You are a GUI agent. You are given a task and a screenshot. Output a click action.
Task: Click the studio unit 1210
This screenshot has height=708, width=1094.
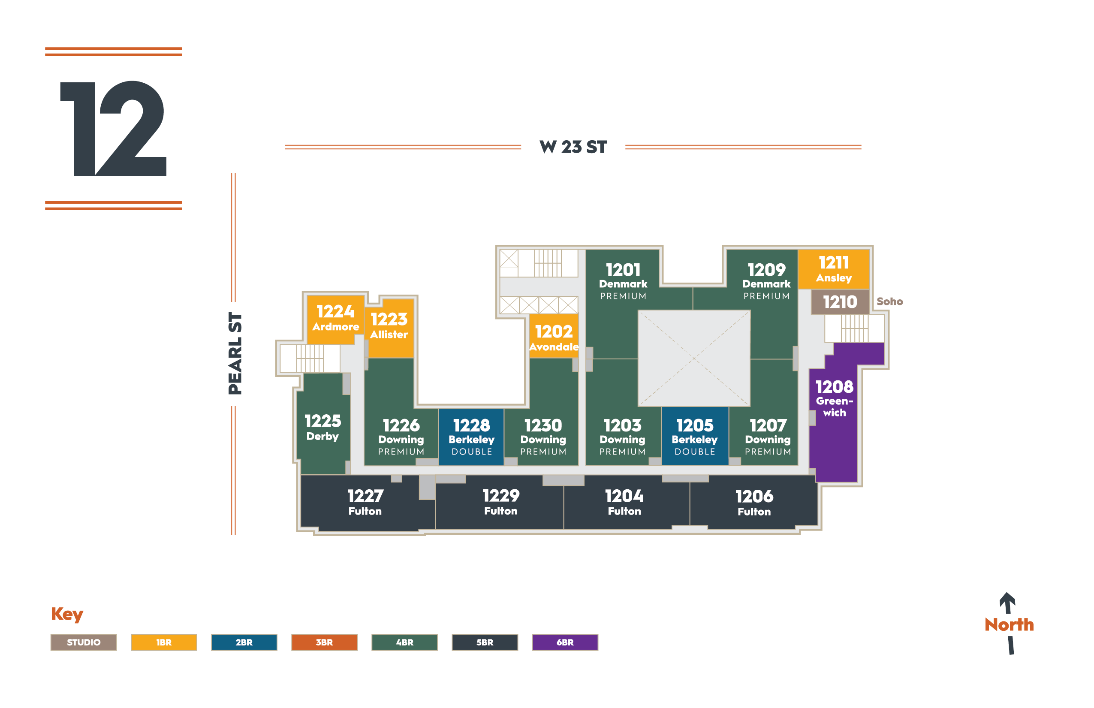click(x=840, y=302)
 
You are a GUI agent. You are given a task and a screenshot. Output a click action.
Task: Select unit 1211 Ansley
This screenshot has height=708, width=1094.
click(x=833, y=269)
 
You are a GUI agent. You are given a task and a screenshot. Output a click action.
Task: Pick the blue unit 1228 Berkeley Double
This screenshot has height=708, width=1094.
click(x=472, y=437)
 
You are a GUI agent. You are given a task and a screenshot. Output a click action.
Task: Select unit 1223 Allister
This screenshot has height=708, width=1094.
click(x=389, y=327)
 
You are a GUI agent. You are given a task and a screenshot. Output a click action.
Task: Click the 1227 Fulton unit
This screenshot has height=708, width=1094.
click(x=365, y=503)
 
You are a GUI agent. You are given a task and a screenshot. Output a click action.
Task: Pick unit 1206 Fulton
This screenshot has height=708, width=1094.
click(x=754, y=503)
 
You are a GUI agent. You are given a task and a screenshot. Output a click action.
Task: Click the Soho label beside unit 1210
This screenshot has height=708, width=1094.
click(x=890, y=301)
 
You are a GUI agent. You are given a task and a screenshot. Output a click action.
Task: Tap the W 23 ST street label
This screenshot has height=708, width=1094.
click(x=573, y=147)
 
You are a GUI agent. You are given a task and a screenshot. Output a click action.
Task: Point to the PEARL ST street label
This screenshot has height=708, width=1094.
click(x=235, y=353)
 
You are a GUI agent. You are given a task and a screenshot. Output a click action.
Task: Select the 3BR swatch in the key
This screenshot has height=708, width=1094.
click(x=324, y=642)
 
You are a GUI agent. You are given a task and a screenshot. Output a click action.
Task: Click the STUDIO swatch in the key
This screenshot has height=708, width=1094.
click(x=84, y=642)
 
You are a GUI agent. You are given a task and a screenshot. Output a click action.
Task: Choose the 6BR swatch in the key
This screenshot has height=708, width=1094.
click(x=565, y=642)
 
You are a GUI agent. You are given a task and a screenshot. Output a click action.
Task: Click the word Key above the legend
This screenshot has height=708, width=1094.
click(x=67, y=614)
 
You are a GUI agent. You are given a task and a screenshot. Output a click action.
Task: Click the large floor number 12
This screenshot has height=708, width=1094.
click(x=113, y=128)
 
